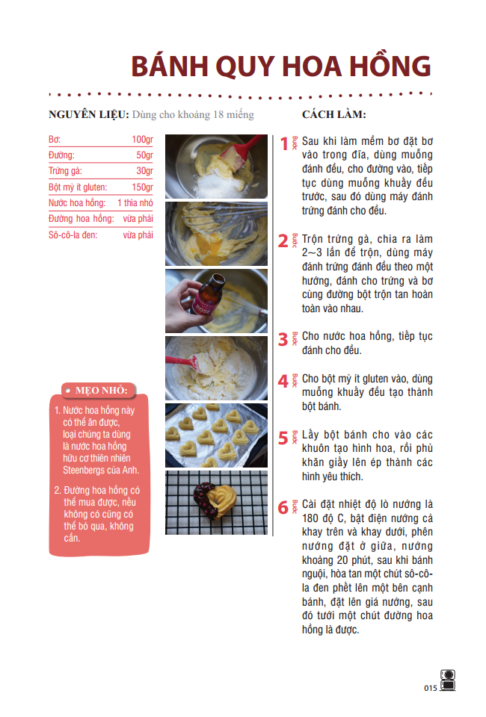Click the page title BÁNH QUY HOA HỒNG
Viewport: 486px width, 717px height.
click(x=280, y=66)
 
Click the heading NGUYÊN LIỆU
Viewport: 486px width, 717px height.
click(x=87, y=114)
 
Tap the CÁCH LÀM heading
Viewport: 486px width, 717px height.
click(x=333, y=114)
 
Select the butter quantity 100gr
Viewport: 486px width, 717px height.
click(x=142, y=140)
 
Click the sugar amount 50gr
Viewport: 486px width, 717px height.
click(x=144, y=155)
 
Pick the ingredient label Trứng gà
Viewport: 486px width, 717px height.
click(x=65, y=171)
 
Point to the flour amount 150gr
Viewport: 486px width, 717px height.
click(x=142, y=187)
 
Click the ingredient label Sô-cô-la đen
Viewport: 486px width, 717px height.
click(x=73, y=235)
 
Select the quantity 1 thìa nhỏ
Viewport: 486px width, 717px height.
click(x=135, y=203)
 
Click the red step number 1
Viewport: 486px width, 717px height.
click(x=283, y=143)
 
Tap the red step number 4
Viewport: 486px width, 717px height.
click(x=283, y=381)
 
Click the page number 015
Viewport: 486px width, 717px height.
click(x=430, y=688)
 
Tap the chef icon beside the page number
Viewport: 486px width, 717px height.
click(x=448, y=680)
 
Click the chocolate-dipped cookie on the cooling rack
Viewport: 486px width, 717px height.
click(x=217, y=498)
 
